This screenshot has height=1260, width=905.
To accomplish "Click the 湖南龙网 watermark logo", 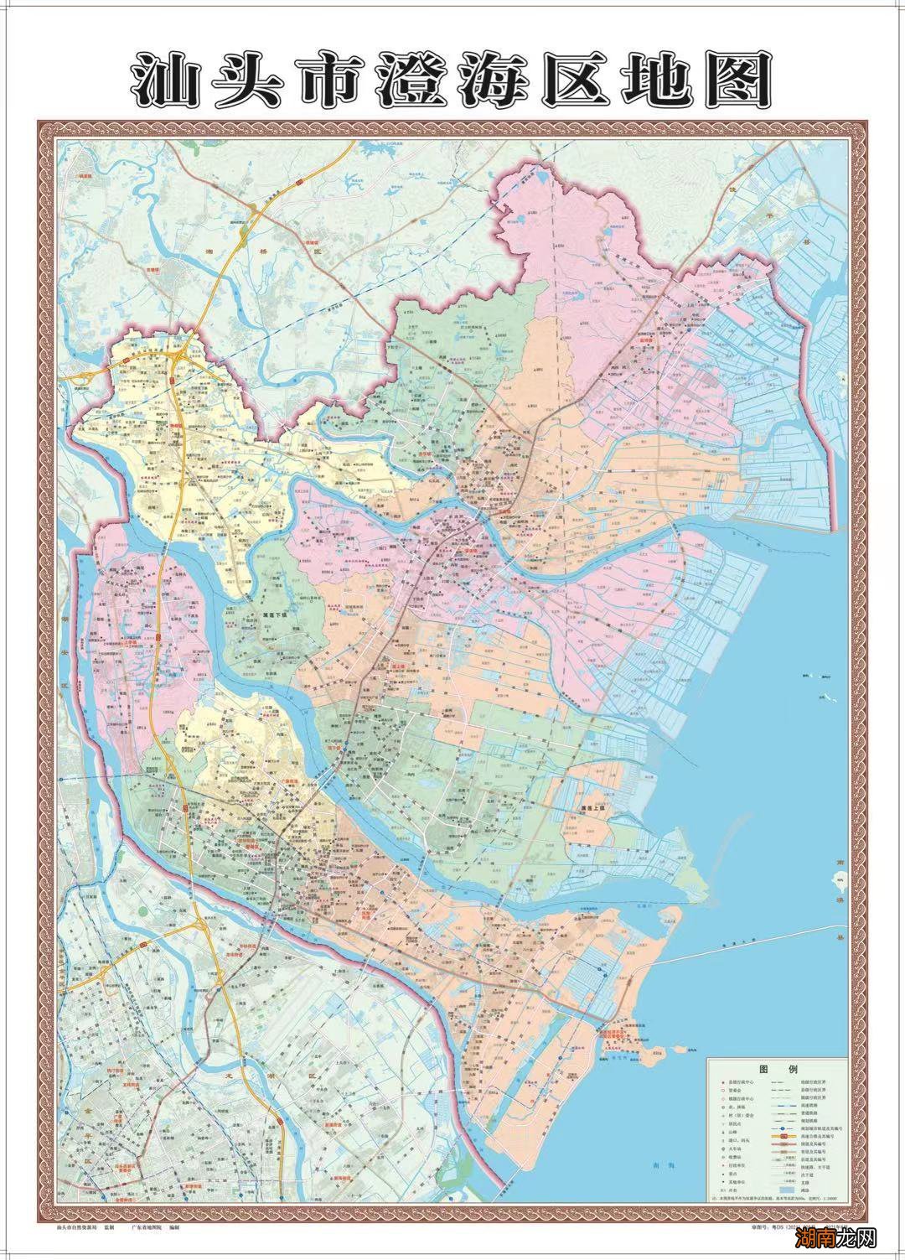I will tap(846, 1237).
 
